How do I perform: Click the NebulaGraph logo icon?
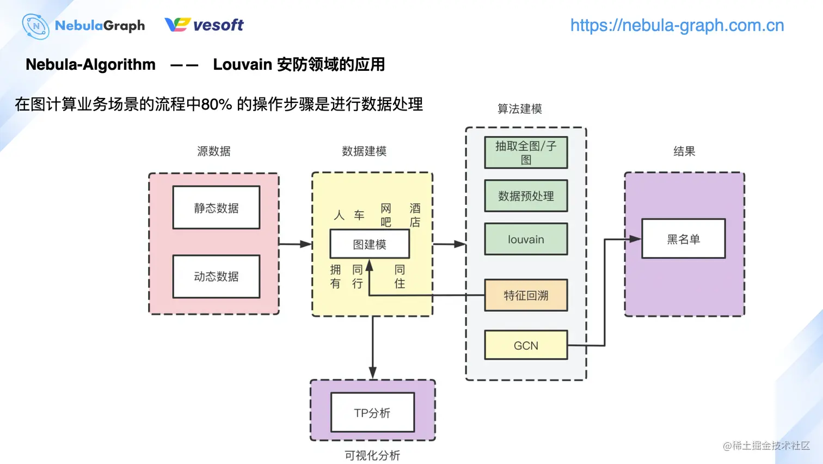35,26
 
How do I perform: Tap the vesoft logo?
204,25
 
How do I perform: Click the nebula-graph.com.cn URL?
677,25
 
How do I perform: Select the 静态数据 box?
216,207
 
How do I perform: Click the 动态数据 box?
216,276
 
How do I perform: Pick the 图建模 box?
370,244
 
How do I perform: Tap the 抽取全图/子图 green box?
526,152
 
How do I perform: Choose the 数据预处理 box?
526,196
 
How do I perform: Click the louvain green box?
526,239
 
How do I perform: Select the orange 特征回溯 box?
526,295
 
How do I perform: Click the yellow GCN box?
526,345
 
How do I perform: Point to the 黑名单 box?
683,239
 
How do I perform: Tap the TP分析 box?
372,413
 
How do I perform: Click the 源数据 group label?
213,151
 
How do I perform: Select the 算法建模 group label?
519,108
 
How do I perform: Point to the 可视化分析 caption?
372,455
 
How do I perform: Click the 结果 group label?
684,151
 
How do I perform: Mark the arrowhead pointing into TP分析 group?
373,373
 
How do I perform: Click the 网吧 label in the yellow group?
386,215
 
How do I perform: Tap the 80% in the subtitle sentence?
217,104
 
